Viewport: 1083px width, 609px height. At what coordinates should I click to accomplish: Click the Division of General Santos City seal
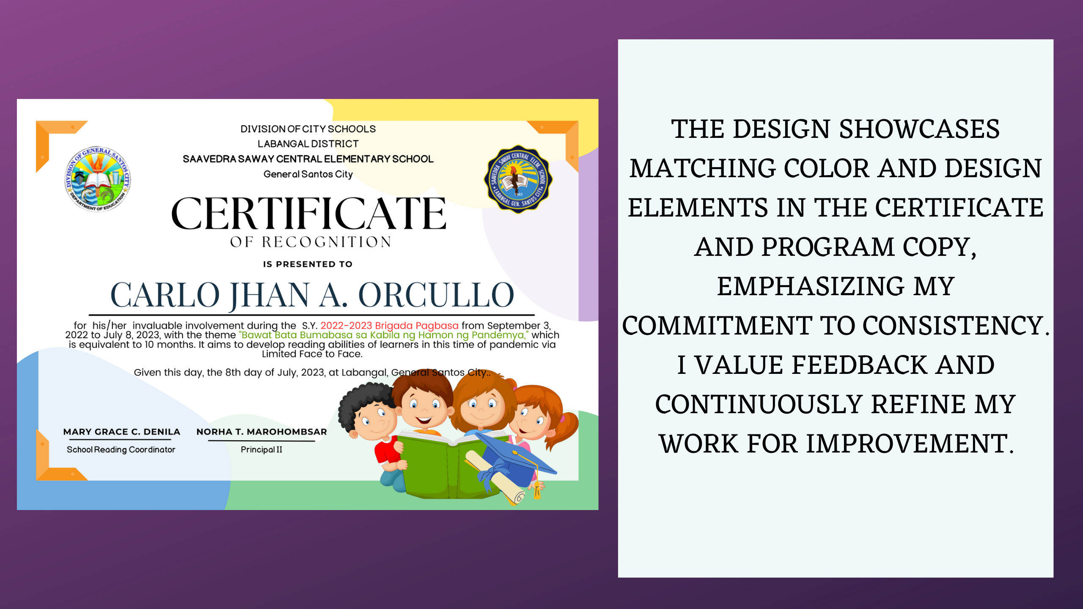pos(98,179)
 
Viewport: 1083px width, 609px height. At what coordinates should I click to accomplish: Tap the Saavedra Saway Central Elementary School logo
pos(518,179)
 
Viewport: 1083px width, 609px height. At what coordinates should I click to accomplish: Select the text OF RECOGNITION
pos(311,242)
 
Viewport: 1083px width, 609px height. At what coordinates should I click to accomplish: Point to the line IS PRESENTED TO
pos(308,264)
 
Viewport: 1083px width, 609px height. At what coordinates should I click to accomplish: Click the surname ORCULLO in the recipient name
pos(436,295)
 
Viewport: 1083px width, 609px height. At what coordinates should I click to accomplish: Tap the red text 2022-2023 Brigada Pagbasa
pos(389,326)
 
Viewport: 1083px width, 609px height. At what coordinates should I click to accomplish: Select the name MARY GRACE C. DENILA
pos(122,432)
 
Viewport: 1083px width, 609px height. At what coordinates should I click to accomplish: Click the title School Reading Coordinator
pos(121,450)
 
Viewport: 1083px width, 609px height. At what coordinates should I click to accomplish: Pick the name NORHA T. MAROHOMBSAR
pos(261,432)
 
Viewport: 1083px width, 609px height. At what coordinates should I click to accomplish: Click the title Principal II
pos(261,450)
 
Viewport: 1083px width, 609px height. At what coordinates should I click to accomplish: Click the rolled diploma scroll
pos(495,478)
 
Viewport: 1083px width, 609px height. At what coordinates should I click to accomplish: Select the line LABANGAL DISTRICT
pos(308,144)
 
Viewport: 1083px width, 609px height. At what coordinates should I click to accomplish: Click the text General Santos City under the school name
pos(308,174)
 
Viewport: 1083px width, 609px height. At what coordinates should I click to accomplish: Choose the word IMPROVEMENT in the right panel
pos(910,444)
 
